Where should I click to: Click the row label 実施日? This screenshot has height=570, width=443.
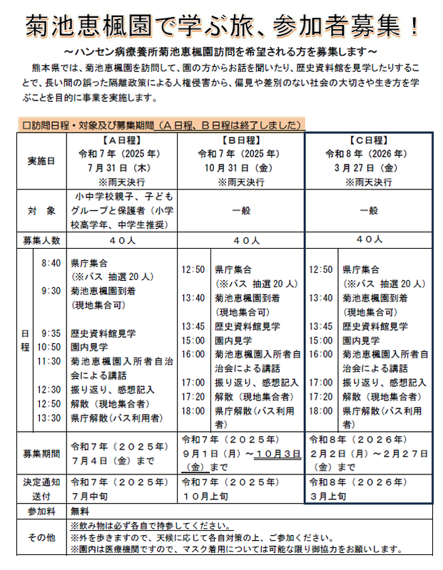click(x=41, y=160)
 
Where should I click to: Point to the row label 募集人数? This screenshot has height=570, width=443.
click(x=41, y=240)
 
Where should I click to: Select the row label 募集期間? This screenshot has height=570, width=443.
click(x=41, y=453)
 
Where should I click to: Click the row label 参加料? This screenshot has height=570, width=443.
click(x=41, y=512)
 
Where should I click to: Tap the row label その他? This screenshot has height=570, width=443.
click(x=41, y=537)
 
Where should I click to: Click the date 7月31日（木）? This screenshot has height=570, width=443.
click(x=123, y=167)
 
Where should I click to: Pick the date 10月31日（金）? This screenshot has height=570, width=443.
click(x=243, y=167)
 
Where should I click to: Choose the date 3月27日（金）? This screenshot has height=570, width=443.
click(x=369, y=167)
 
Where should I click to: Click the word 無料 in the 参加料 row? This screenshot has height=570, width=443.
click(x=78, y=512)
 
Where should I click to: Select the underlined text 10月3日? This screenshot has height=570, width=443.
click(x=270, y=454)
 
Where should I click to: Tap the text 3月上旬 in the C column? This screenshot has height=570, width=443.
click(x=328, y=494)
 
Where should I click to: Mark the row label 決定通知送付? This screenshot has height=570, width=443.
click(x=41, y=488)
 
